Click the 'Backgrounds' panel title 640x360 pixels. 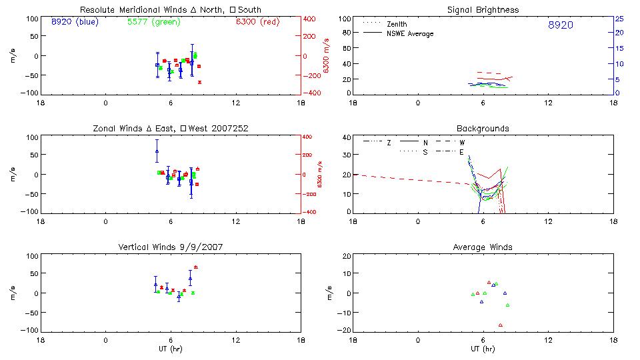click(483, 128)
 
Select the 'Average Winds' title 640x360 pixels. click(483, 247)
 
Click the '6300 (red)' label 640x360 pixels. click(257, 22)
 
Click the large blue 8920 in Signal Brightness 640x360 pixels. click(560, 25)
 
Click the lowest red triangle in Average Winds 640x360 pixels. click(500, 325)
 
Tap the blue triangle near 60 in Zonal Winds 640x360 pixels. click(157, 151)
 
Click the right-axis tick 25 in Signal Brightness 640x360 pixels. click(619, 19)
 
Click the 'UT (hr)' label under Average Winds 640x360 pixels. click(483, 349)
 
